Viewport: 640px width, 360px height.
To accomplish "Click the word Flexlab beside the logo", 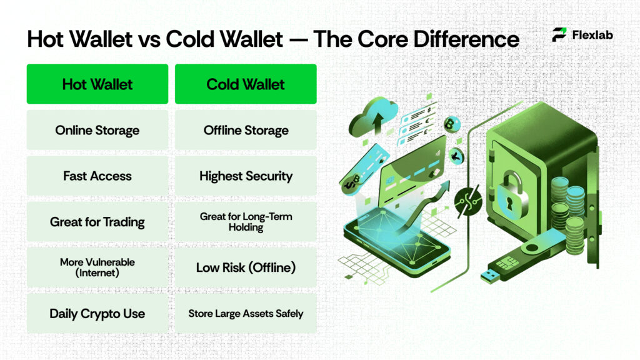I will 592,35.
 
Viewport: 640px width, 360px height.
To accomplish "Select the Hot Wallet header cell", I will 97,84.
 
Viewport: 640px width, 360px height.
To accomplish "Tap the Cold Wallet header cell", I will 246,84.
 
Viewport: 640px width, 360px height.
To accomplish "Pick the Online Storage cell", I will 97,131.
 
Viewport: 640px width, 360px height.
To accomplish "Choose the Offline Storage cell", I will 246,131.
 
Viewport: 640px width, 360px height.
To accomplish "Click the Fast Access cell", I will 97,176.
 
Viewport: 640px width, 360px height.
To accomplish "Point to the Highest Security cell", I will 246,176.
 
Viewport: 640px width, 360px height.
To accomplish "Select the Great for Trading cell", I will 97,222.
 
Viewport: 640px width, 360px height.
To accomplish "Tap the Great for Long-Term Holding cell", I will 246,222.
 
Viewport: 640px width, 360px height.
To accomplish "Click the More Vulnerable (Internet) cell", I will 97,267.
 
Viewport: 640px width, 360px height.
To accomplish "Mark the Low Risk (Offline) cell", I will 246,267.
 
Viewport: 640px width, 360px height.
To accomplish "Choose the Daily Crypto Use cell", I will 97,313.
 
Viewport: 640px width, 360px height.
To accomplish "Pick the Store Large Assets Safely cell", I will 246,313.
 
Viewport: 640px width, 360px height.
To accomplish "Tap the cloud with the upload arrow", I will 373,118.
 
